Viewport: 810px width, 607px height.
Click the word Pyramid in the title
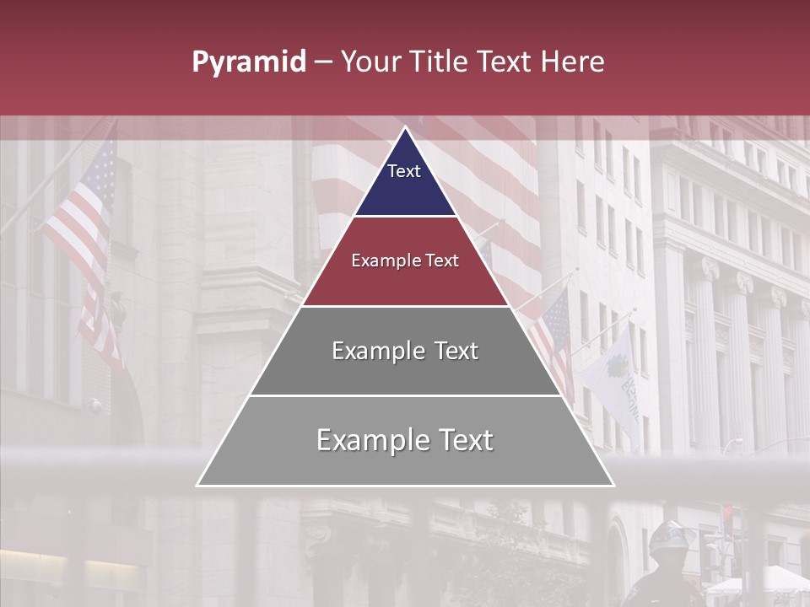249,62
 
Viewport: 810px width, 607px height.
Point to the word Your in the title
371,62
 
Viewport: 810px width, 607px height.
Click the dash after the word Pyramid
322,62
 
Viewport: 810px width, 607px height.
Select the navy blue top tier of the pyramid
405,181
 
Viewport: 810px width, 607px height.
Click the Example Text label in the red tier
405,261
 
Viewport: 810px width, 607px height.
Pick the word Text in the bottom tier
465,440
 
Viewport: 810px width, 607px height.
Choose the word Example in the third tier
375,351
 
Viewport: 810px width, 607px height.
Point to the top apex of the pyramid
405,128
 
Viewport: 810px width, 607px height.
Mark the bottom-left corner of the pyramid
198,485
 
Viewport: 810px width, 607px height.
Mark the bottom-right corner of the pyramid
613,485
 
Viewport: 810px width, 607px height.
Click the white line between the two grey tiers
405,395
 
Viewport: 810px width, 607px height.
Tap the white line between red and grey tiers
405,306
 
